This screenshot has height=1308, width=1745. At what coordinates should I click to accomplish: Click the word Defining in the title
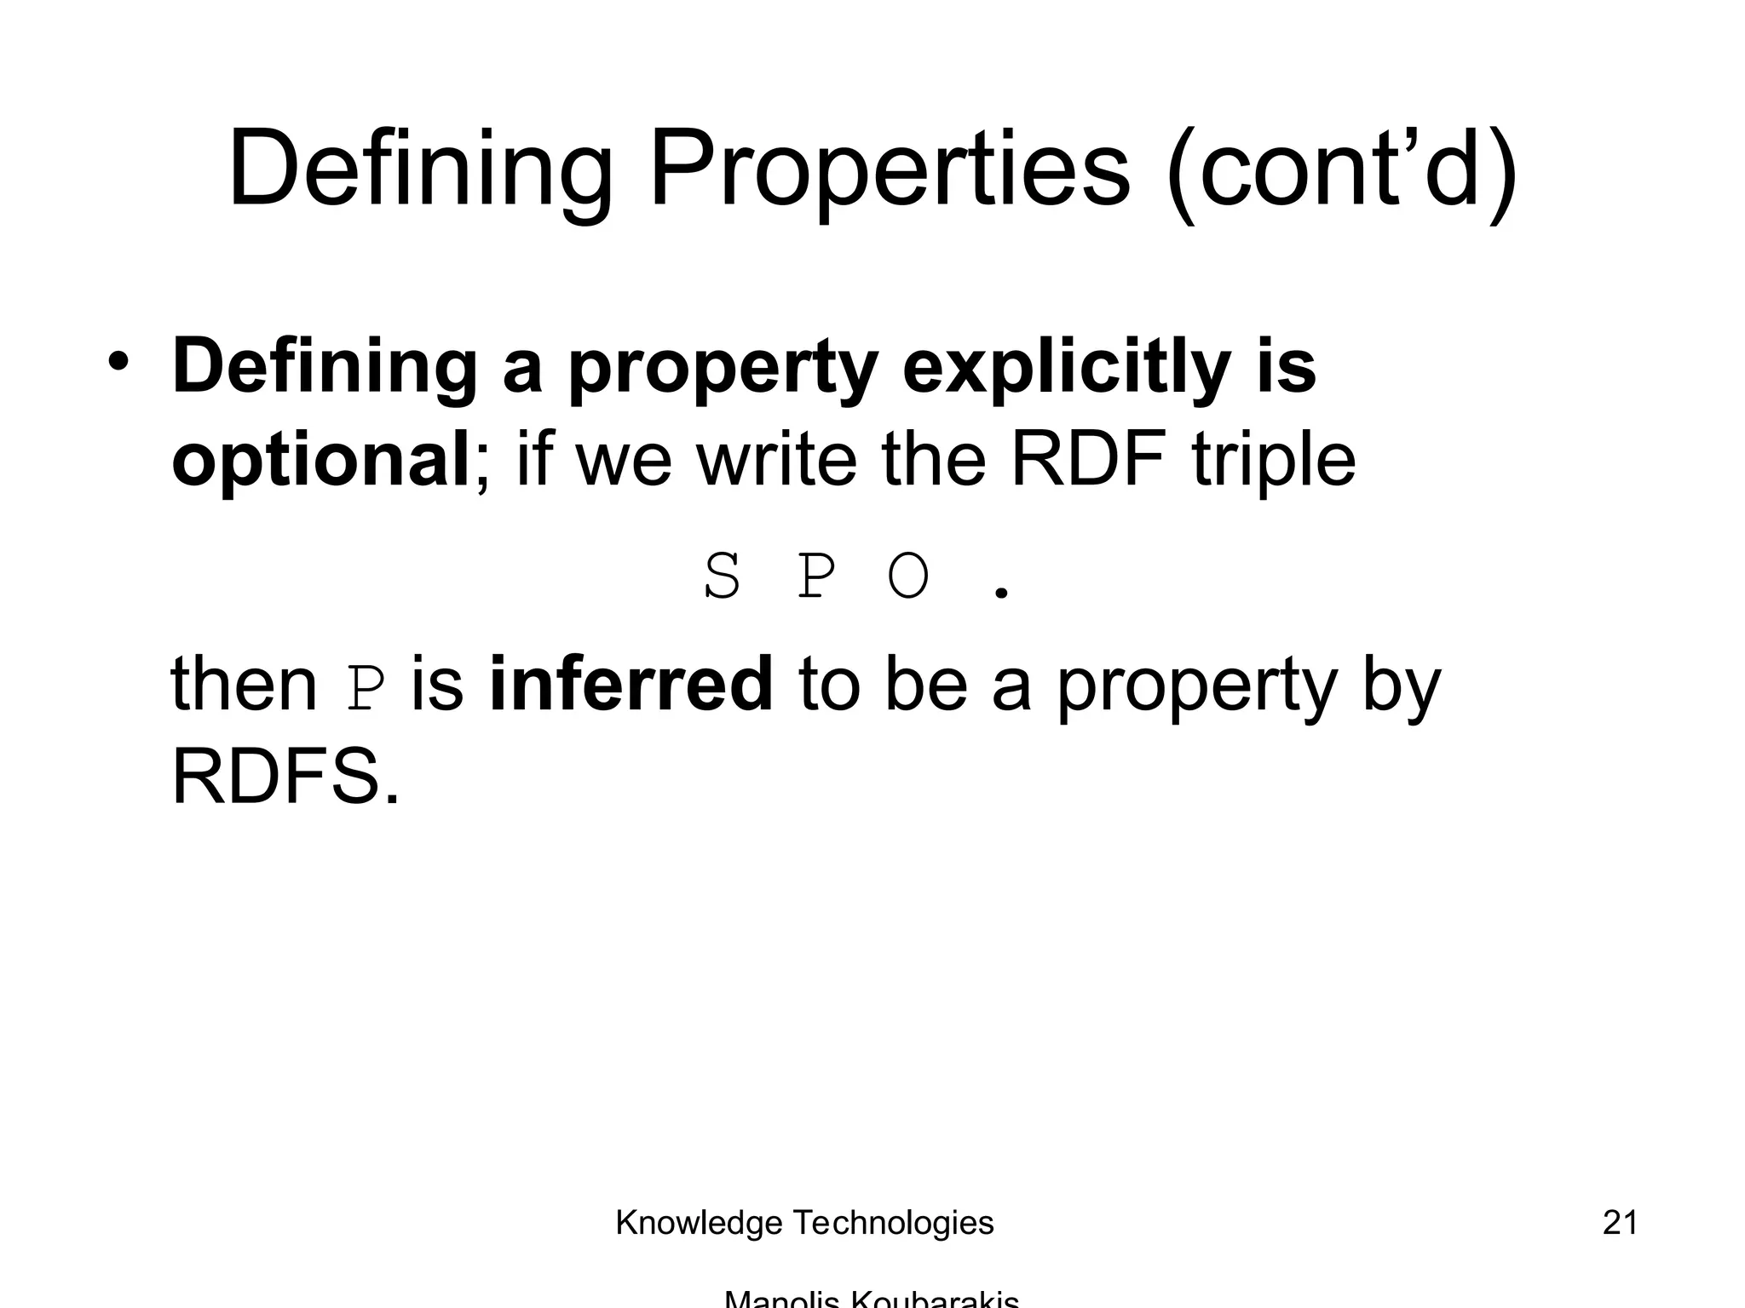[x=419, y=170]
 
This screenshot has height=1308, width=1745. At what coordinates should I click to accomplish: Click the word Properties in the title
[x=890, y=170]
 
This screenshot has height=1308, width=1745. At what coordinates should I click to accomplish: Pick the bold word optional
[x=320, y=461]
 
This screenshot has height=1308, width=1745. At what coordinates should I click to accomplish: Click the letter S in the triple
[x=723, y=579]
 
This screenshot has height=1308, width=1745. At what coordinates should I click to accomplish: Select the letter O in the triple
[x=908, y=579]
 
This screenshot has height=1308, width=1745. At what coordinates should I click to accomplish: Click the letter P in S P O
[x=815, y=579]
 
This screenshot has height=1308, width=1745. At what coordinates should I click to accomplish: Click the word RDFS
[x=285, y=777]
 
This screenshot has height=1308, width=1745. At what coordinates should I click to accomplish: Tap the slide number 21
[x=1620, y=1223]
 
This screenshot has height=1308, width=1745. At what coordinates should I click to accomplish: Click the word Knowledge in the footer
[x=699, y=1224]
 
